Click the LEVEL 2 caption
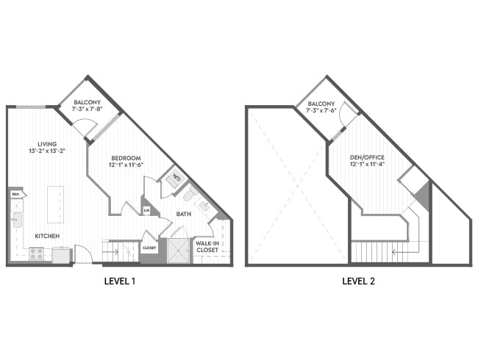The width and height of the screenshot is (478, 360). click(360, 281)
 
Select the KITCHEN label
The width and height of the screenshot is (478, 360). click(46, 236)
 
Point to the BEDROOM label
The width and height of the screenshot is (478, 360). click(126, 158)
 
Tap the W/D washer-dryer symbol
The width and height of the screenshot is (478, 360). click(177, 177)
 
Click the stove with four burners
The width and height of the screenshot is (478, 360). click(36, 253)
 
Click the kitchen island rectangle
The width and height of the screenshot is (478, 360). click(55, 203)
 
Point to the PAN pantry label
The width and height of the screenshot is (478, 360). click(15, 195)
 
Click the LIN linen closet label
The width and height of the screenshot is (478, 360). click(147, 211)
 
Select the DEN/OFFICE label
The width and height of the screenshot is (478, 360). click(367, 157)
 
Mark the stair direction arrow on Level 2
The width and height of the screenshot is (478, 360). click(401, 251)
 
